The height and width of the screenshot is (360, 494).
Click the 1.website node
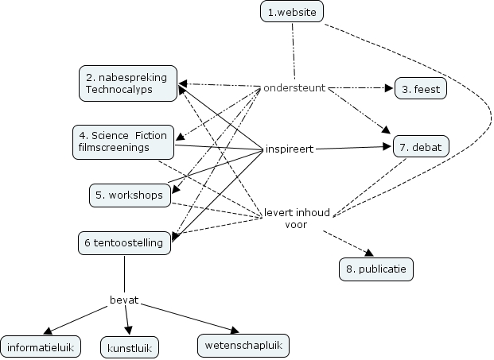tap(293, 12)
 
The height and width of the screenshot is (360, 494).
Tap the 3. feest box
tap(421, 88)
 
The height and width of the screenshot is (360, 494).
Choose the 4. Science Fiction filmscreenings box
tap(123, 141)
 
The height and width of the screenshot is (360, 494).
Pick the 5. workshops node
tap(127, 195)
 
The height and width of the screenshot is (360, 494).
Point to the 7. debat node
tap(422, 147)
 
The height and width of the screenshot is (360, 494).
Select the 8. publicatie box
tap(376, 269)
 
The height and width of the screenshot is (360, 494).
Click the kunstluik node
tap(130, 347)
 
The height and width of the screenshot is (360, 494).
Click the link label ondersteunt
tap(294, 87)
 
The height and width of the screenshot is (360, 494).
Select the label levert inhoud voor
tap(297, 219)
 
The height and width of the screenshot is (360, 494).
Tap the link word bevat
tap(124, 300)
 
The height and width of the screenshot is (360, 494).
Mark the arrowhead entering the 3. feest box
tap(390, 88)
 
